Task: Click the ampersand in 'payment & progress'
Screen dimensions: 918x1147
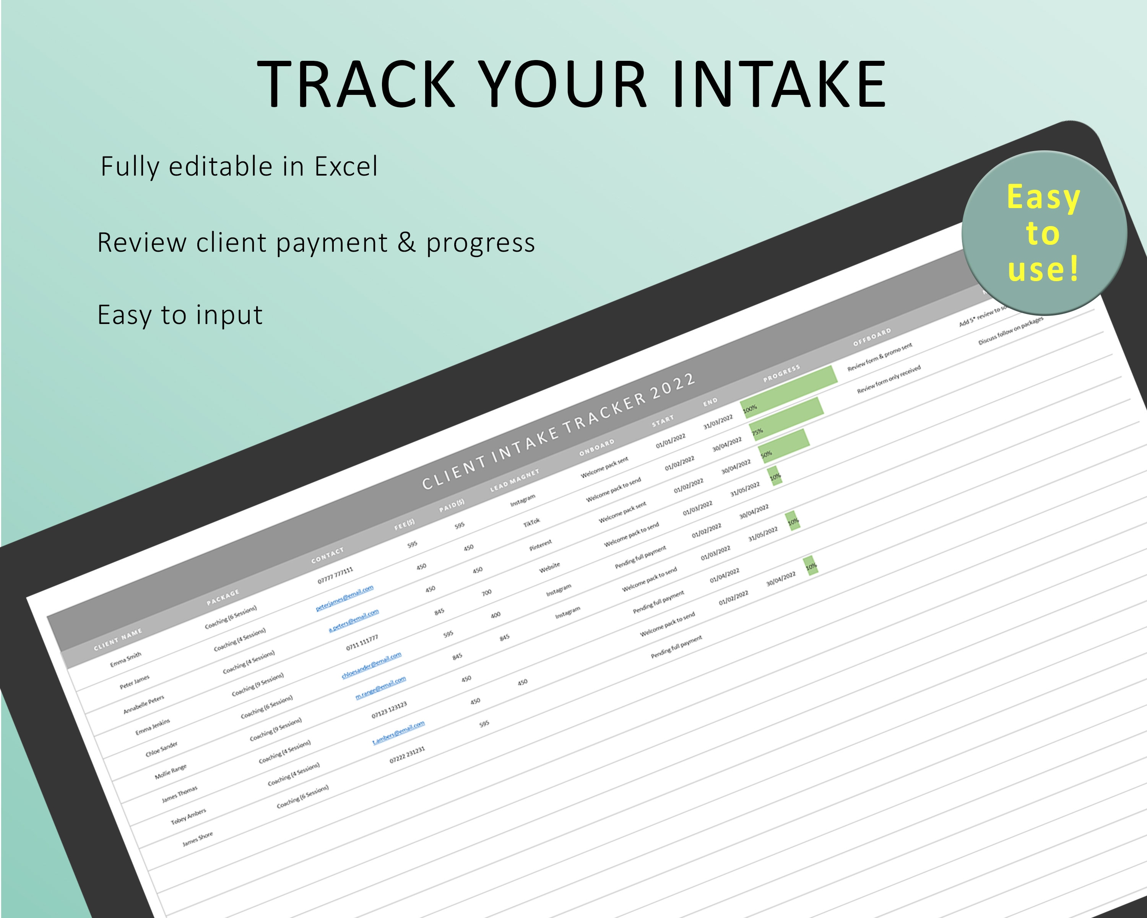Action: click(406, 243)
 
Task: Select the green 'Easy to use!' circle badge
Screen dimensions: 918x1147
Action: click(1044, 233)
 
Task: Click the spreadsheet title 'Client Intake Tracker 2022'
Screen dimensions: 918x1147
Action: click(559, 431)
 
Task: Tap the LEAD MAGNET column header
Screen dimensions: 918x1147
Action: click(515, 480)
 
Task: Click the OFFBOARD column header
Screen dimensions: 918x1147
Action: click(872, 337)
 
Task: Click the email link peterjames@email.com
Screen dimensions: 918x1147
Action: click(345, 598)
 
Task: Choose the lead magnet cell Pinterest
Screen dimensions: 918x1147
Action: click(541, 545)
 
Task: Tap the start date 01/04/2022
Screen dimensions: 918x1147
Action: click(725, 575)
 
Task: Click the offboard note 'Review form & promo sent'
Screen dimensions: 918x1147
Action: click(880, 356)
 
